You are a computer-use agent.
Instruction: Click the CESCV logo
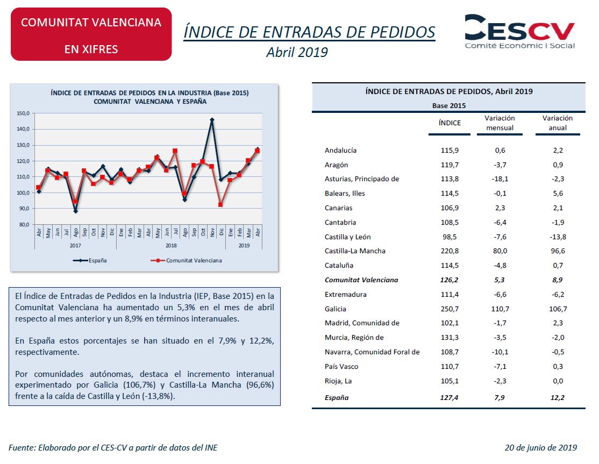tap(519, 31)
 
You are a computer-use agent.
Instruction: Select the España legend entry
tap(91, 260)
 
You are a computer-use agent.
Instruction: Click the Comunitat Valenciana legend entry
tap(187, 260)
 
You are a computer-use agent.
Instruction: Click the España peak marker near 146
tap(212, 120)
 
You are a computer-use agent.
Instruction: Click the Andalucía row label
tap(341, 151)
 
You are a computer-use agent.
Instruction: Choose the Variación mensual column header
tap(500, 123)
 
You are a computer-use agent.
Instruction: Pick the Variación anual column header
tap(558, 123)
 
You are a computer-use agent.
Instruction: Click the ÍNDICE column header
tap(450, 123)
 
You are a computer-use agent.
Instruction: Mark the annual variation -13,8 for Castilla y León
tap(558, 237)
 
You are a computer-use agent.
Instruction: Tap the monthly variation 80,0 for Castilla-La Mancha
tap(500, 251)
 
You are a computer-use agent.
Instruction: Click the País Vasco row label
tap(341, 366)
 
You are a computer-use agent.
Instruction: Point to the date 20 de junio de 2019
tap(540, 447)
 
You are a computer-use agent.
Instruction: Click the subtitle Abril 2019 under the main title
tap(297, 52)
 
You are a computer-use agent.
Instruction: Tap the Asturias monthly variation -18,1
tap(500, 179)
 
